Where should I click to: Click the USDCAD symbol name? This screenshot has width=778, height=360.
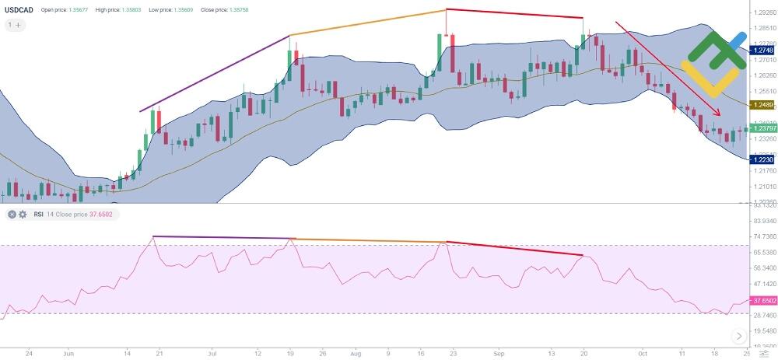coord(19,10)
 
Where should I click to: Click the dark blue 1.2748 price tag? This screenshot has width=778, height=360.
coord(762,50)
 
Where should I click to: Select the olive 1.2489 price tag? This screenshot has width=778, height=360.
coord(762,104)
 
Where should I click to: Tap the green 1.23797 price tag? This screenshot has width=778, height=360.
coord(762,128)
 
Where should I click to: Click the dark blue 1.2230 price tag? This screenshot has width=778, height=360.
coord(762,159)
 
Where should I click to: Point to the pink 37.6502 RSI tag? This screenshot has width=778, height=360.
coord(762,300)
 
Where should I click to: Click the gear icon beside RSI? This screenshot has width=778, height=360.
coord(23,214)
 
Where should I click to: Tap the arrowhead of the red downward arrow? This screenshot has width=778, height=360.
coord(717,114)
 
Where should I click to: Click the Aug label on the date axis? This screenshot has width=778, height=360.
coord(356,351)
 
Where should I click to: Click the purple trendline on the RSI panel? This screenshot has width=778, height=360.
coord(222,237)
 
